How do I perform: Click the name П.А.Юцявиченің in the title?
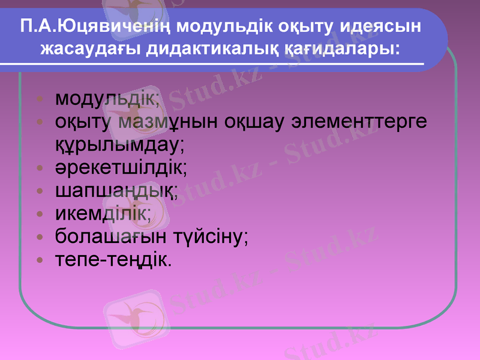(97, 27)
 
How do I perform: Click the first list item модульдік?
(107, 98)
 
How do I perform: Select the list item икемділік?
(103, 213)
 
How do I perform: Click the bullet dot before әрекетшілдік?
(40, 168)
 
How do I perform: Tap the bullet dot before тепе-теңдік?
(40, 260)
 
